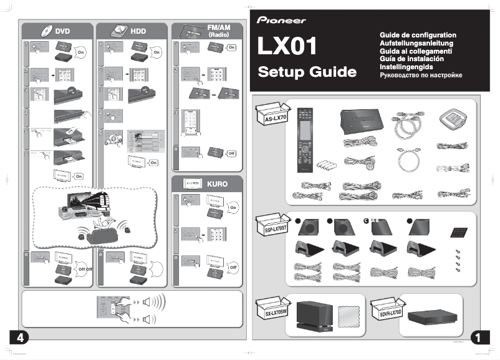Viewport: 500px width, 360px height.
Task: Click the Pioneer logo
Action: [281, 20]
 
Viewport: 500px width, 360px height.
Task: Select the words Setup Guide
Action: [307, 72]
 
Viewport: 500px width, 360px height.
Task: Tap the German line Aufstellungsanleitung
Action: [416, 43]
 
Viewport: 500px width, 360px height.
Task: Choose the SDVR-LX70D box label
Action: [387, 310]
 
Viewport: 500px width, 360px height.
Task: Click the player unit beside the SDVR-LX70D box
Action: [431, 320]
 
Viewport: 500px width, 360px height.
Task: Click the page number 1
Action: [478, 338]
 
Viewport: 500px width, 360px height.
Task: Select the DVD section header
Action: [55, 31]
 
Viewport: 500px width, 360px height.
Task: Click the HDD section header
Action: [130, 31]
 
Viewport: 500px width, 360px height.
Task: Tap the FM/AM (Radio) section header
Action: [206, 31]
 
